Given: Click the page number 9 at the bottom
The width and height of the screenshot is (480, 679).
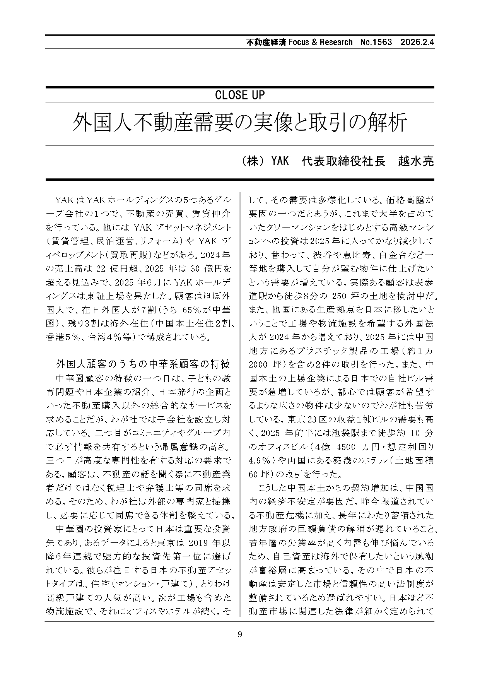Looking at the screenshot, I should (240, 634).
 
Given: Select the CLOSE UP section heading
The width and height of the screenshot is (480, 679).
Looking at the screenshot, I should (239, 95).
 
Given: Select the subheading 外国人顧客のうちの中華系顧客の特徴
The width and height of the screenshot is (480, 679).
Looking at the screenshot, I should (143, 364).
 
